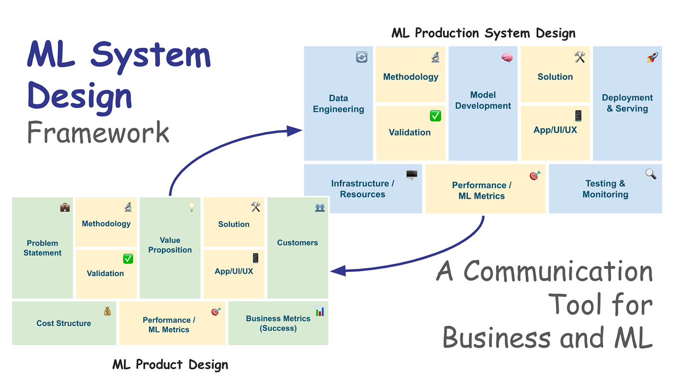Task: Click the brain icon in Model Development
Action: [507, 57]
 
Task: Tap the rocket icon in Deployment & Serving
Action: [652, 57]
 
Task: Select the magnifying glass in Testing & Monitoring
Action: [651, 174]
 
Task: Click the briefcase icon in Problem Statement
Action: [65, 207]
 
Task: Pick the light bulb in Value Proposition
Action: [191, 207]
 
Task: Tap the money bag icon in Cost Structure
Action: [107, 311]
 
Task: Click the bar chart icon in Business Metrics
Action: [320, 311]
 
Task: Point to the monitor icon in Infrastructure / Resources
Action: [412, 175]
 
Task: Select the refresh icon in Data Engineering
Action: [362, 57]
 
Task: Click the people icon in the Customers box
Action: [320, 207]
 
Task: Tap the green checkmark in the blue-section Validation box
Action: [435, 116]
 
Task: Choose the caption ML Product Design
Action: [170, 365]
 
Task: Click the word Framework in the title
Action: [98, 132]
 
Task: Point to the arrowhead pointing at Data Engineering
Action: [294, 131]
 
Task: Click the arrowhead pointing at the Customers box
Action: [338, 271]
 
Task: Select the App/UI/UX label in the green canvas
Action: [234, 271]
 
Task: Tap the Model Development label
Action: [483, 100]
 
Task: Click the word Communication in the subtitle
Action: [558, 271]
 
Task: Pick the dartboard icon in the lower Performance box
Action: [216, 311]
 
